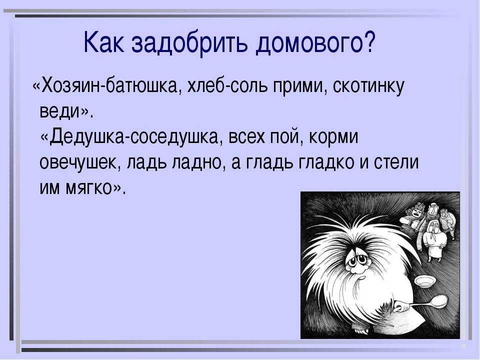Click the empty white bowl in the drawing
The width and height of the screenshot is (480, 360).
coord(426,281)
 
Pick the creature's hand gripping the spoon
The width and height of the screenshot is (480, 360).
coord(399,305)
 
